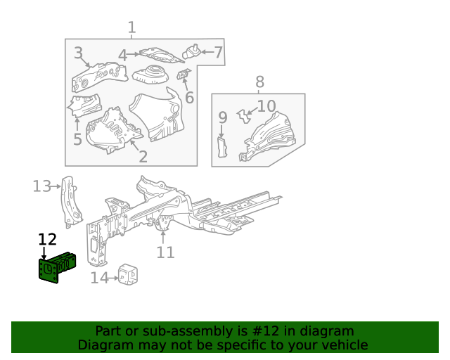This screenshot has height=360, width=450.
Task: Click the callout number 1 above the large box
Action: [131, 27]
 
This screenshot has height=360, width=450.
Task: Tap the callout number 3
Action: [78, 53]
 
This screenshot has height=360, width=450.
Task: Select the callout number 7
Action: [219, 52]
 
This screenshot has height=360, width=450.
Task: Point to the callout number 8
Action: [259, 82]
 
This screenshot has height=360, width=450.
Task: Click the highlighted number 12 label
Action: [47, 240]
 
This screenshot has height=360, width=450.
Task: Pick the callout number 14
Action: [100, 278]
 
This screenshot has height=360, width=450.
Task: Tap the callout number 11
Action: [166, 252]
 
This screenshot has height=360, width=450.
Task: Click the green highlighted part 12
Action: [58, 268]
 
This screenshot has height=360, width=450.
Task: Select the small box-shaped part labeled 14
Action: [128, 274]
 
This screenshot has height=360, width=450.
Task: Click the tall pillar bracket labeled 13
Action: [70, 202]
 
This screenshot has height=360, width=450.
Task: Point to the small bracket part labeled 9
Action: [222, 147]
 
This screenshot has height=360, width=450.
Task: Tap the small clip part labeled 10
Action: [244, 116]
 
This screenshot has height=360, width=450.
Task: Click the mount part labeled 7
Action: [191, 51]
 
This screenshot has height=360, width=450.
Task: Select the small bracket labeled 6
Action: [183, 75]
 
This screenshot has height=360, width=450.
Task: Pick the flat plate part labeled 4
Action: [161, 55]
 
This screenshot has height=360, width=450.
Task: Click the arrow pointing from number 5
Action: [77, 124]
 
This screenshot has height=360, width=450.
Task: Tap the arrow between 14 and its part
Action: [113, 278]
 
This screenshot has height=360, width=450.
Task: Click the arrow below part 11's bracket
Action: [163, 238]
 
